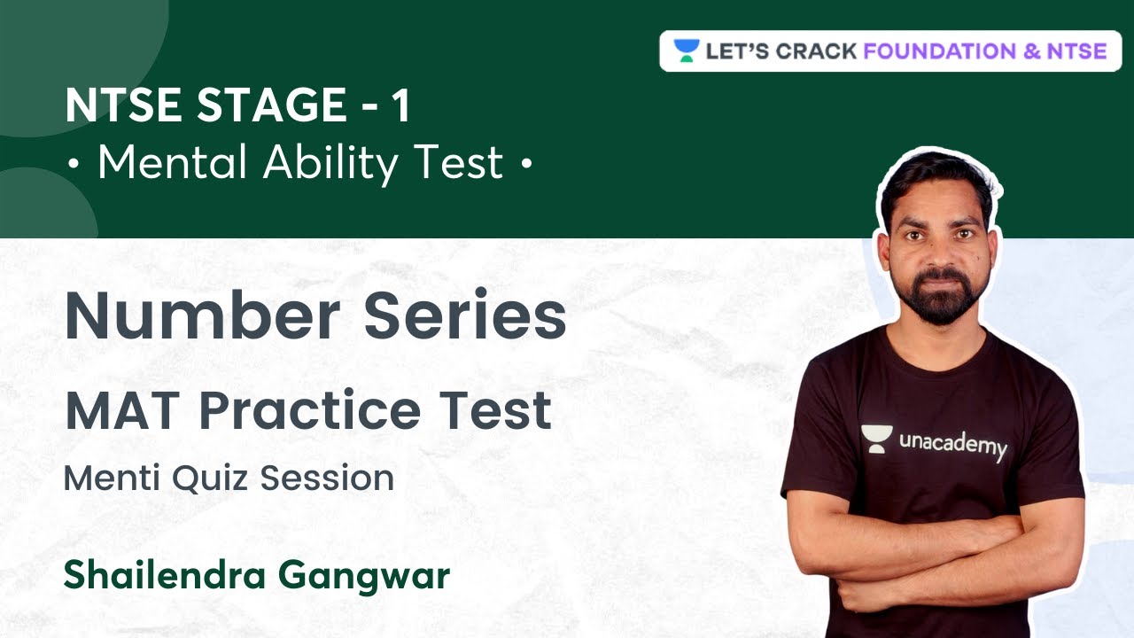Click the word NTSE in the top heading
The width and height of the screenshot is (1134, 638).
[x=120, y=107]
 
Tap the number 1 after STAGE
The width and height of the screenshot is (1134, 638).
[x=400, y=107]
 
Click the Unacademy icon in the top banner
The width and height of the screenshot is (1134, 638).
[x=686, y=51]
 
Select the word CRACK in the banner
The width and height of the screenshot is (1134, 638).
[x=815, y=51]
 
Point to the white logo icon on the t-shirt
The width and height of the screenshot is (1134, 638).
[x=874, y=440]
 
